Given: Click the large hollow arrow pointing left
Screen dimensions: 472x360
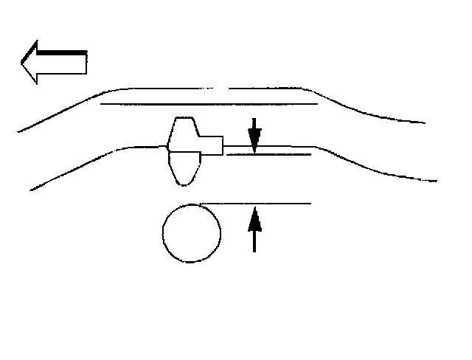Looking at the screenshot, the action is (x=55, y=60).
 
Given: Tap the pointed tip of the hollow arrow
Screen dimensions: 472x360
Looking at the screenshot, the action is (x=23, y=61).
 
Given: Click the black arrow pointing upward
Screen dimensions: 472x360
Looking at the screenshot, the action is (x=254, y=229).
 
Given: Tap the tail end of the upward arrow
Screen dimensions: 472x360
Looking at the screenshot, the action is (x=254, y=251).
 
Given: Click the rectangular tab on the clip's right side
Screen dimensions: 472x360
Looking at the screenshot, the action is (x=211, y=145).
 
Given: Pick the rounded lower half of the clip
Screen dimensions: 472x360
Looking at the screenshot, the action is (x=185, y=167).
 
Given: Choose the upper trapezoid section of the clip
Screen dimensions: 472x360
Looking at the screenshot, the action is (x=184, y=134).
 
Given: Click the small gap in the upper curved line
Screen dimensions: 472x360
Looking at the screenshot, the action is (x=226, y=88).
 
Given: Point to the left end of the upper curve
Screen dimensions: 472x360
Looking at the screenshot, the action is (x=18, y=132).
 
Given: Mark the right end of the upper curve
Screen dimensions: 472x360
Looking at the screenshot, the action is (x=423, y=122).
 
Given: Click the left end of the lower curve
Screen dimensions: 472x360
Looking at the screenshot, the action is (x=31, y=190).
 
